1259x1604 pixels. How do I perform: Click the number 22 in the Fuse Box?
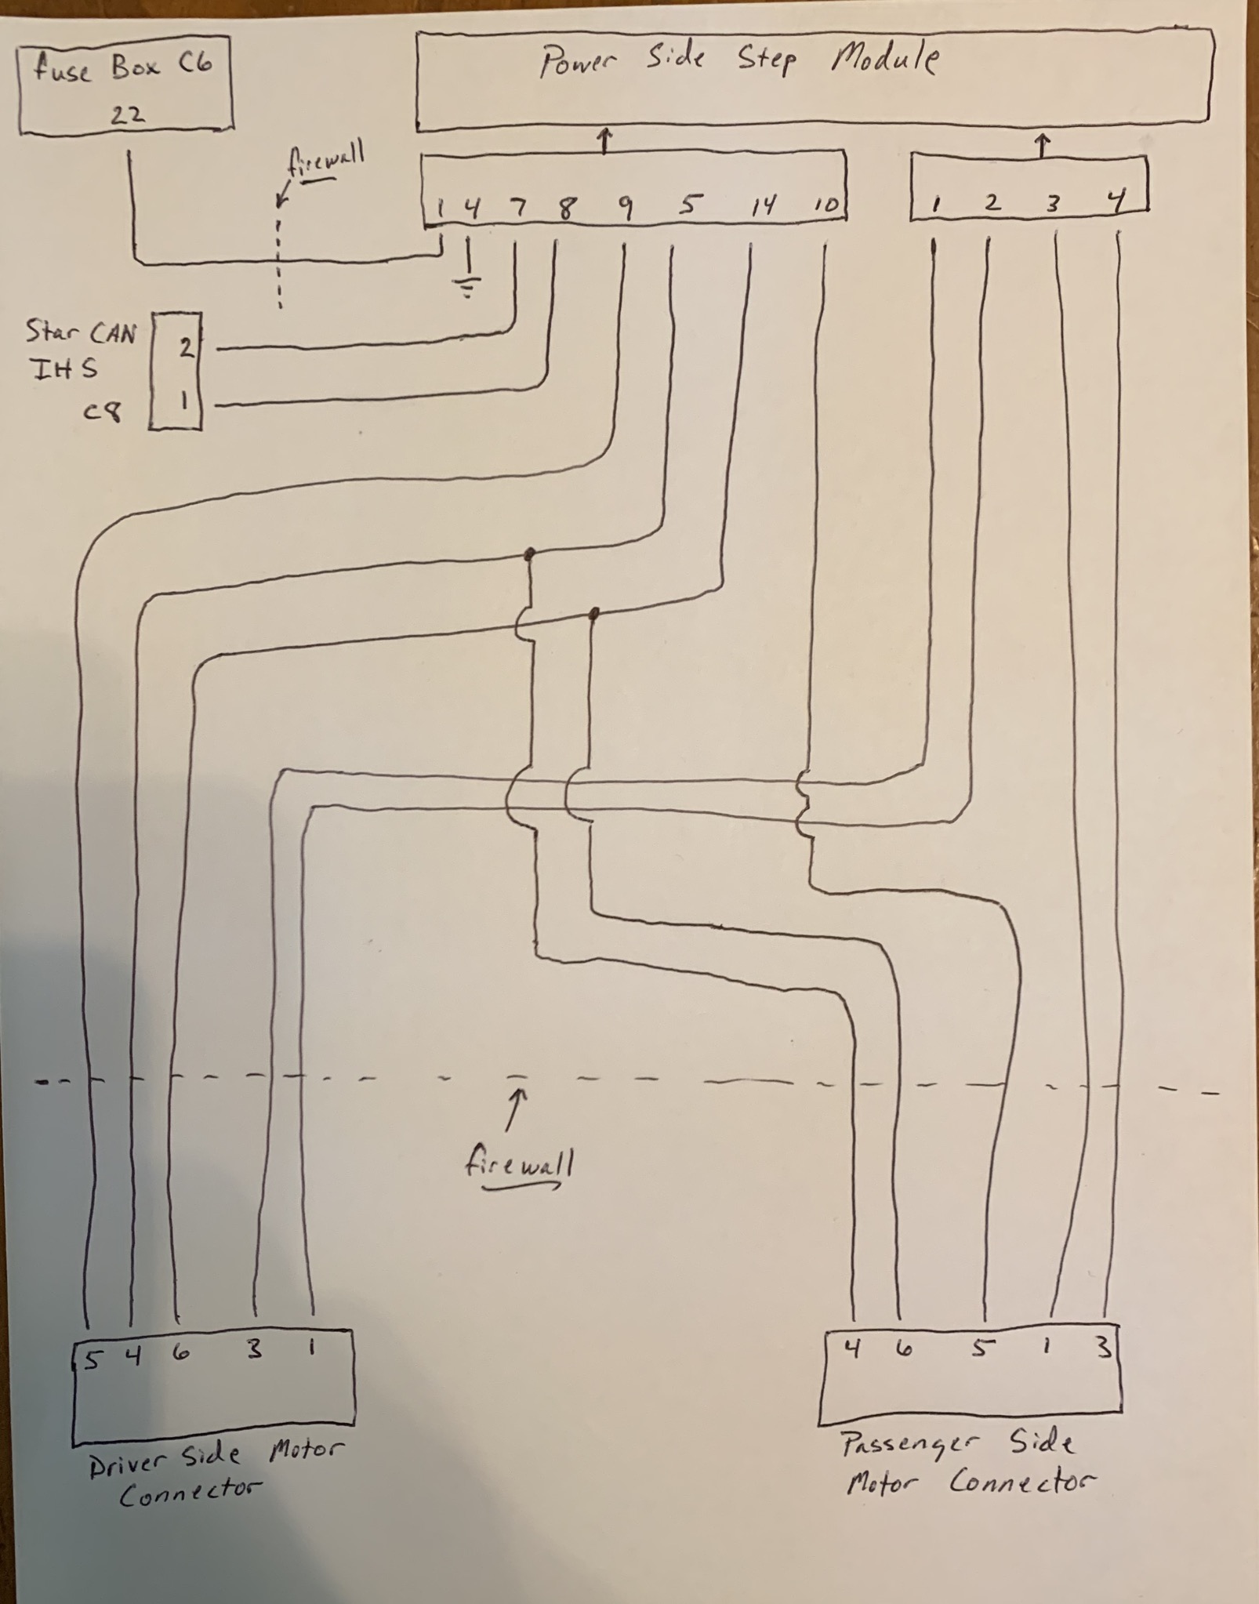[128, 115]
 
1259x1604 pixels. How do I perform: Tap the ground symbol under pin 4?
[468, 287]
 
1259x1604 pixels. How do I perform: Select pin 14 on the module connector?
[762, 205]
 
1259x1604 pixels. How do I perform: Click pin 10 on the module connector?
[825, 205]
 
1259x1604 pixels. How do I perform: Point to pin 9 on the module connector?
[625, 207]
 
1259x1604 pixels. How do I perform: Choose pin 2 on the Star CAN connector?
[185, 346]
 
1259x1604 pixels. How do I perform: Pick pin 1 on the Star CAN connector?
[183, 401]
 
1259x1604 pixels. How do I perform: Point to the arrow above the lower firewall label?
[515, 1109]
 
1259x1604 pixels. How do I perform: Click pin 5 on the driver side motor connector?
[92, 1359]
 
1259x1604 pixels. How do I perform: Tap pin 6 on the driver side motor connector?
[181, 1353]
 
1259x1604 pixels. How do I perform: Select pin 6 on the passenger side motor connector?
[904, 1349]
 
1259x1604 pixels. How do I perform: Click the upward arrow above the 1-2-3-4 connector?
[1042, 145]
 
